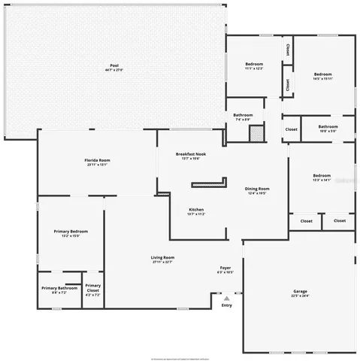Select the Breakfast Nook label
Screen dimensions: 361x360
pyautogui.click(x=190, y=156)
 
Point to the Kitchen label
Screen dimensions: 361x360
pyautogui.click(x=195, y=211)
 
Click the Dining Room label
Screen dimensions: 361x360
pyautogui.click(x=258, y=190)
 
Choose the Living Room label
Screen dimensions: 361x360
pyautogui.click(x=162, y=259)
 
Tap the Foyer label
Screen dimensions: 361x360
pyautogui.click(x=225, y=269)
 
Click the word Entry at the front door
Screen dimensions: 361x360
pyautogui.click(x=226, y=305)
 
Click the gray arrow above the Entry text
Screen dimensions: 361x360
pyautogui.click(x=226, y=298)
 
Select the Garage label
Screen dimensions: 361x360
pyautogui.click(x=300, y=293)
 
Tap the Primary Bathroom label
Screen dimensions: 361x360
pyautogui.click(x=59, y=290)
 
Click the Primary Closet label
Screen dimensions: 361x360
pyautogui.click(x=92, y=289)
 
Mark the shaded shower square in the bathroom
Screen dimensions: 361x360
pyautogui.click(x=257, y=133)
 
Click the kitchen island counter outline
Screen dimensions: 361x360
pyautogui.click(x=208, y=182)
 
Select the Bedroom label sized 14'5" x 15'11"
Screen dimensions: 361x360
pyautogui.click(x=323, y=77)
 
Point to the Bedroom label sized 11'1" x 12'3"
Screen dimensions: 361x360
pyautogui.click(x=253, y=66)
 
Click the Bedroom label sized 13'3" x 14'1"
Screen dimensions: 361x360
pyautogui.click(x=322, y=177)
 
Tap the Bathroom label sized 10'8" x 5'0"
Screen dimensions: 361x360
pyautogui.click(x=328, y=129)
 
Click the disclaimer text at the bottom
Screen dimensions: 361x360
pyautogui.click(x=180, y=356)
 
